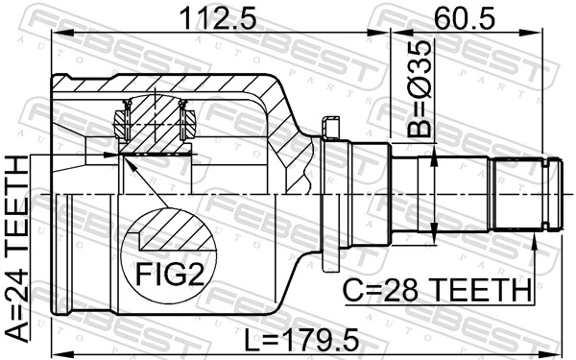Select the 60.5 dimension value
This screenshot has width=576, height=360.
point(477,16)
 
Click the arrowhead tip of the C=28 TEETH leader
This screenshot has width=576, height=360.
point(534,236)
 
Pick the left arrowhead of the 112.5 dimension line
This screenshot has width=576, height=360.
point(55,36)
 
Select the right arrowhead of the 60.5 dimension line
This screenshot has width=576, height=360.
point(557,36)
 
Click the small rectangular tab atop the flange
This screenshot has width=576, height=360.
point(332,128)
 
